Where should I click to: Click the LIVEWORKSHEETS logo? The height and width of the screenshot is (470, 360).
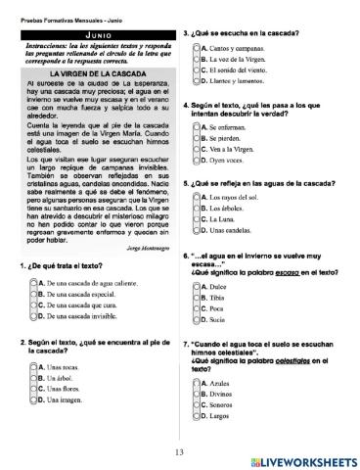(x=302, y=458)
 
